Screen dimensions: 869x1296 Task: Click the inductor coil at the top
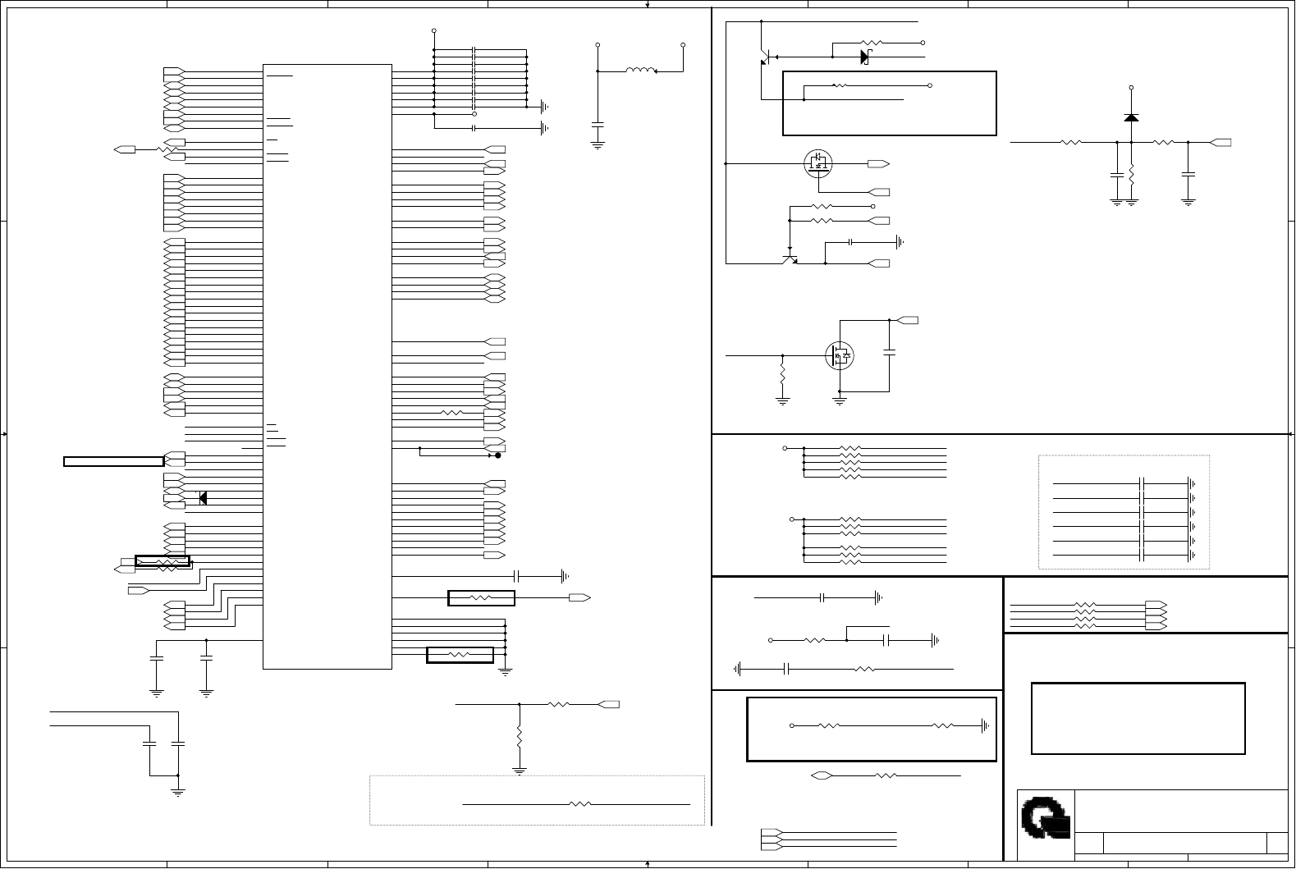point(640,71)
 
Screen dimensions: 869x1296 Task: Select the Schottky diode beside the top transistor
point(864,57)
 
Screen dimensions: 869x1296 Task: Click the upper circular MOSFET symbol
point(817,162)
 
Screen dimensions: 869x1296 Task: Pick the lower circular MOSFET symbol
point(839,355)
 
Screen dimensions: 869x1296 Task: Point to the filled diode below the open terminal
point(1131,117)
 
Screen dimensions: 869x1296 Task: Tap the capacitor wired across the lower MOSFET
point(890,353)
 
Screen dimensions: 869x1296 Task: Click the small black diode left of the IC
point(203,497)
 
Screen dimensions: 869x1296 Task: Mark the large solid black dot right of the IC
point(497,455)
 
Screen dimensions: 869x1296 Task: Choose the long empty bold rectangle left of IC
point(113,461)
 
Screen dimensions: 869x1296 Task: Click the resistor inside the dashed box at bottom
point(579,804)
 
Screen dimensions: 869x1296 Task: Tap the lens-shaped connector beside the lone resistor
point(822,775)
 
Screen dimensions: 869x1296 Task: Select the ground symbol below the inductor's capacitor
point(598,145)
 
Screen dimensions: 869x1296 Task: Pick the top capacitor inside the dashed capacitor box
point(1142,483)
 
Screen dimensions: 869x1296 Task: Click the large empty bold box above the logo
point(1138,718)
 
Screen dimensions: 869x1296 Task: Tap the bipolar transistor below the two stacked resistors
point(790,259)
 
